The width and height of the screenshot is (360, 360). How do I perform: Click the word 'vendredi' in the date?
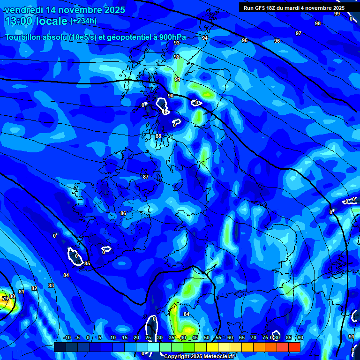pyautogui.click(x=22, y=10)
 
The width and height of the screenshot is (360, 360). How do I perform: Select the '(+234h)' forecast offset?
pyautogui.click(x=83, y=21)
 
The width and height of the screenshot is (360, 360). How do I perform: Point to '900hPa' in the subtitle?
pyautogui.click(x=172, y=37)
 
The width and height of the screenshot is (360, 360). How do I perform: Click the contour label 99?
pyautogui.click(x=337, y=14)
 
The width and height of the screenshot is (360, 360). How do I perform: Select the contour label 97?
pyautogui.click(x=299, y=33)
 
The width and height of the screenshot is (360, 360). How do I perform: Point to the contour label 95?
pyautogui.click(x=245, y=41)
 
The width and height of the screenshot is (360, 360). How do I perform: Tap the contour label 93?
pyautogui.click(x=177, y=43)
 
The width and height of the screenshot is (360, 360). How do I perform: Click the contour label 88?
pyautogui.click(x=158, y=136)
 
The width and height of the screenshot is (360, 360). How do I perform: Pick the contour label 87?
pyautogui.click(x=146, y=177)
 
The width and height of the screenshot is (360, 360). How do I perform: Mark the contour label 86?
pyautogui.click(x=123, y=213)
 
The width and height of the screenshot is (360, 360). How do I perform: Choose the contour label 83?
pyautogui.click(x=51, y=285)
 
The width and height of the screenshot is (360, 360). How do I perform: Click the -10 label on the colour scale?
pyautogui.click(x=66, y=337)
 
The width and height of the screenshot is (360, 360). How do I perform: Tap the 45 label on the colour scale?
pyautogui.click(x=195, y=337)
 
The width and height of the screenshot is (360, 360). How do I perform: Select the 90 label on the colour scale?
pyautogui.click(x=300, y=337)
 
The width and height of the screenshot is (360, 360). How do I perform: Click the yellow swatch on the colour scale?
pyautogui.click(x=212, y=347)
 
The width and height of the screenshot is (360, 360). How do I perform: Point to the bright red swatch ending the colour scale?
pyautogui.click(x=294, y=347)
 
